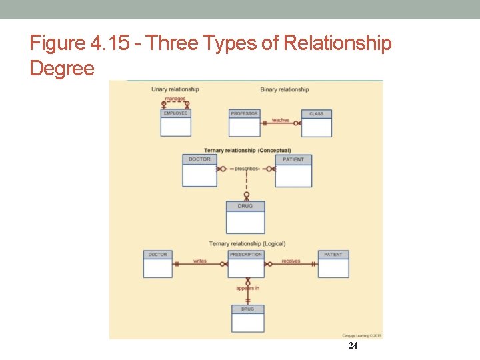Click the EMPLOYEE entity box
click(175, 123)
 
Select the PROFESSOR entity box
click(244, 123)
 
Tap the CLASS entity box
click(316, 123)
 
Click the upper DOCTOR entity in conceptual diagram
click(199, 171)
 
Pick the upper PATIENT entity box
click(293, 171)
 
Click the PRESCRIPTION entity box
click(246, 264)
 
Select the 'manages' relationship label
click(175, 99)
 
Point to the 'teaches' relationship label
click(281, 120)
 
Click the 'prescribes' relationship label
click(246, 169)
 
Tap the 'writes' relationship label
click(199, 261)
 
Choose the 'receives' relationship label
click(291, 261)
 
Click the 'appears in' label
click(247, 288)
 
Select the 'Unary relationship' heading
click(175, 89)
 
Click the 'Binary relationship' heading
click(285, 89)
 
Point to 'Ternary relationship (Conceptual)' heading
click(247, 150)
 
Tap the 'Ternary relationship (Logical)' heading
click(247, 244)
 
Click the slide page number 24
click(353, 345)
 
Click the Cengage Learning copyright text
click(362, 335)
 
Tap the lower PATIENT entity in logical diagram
click(333, 264)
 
